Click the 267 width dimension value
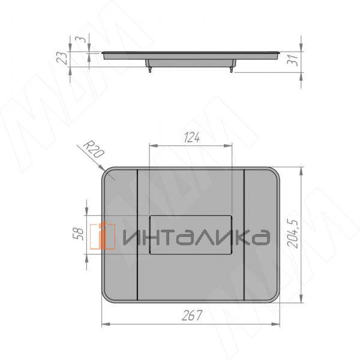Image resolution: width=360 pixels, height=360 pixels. click(x=192, y=315)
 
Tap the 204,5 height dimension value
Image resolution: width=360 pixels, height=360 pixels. click(x=293, y=233)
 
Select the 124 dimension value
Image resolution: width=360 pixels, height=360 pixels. click(x=192, y=137)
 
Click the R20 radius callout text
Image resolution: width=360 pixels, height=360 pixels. click(x=93, y=150)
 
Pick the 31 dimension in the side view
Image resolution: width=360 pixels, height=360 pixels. click(x=293, y=61)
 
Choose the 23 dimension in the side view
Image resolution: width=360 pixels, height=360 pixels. click(x=62, y=58)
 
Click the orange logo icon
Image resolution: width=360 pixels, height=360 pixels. click(x=103, y=235)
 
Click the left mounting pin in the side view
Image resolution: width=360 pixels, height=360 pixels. click(x=150, y=70)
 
